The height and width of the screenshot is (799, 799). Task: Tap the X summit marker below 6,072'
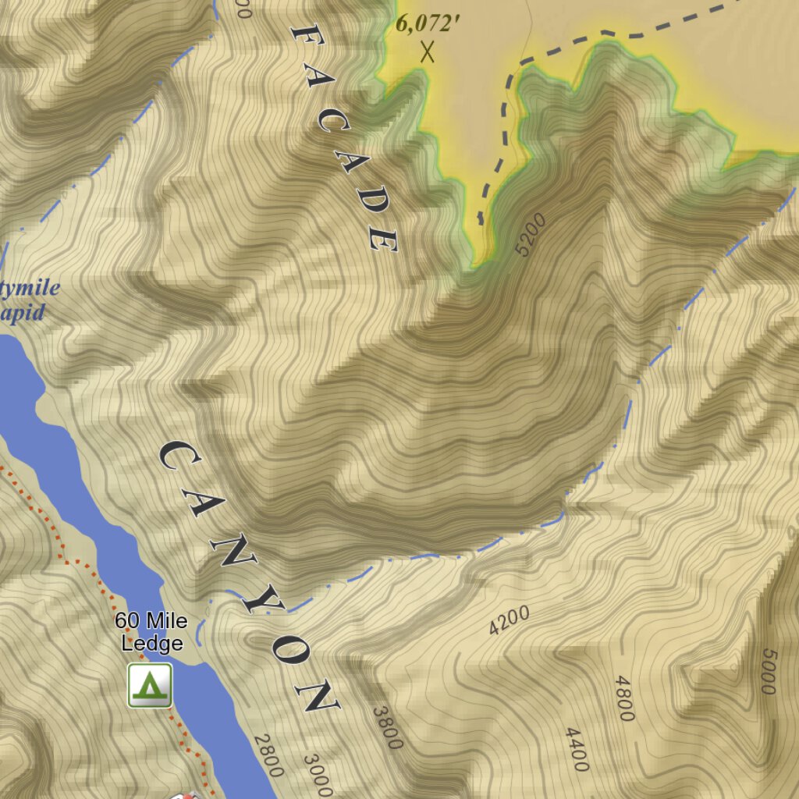[427, 52]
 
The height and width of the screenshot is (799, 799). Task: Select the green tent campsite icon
[150, 685]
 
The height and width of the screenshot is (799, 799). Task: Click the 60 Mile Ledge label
[151, 632]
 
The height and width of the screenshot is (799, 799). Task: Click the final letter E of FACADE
[384, 240]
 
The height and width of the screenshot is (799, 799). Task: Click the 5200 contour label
[531, 235]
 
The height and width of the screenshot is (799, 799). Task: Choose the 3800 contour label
[387, 727]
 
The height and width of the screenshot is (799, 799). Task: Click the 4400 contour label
[577, 749]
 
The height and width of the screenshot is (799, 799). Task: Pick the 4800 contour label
[624, 698]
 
